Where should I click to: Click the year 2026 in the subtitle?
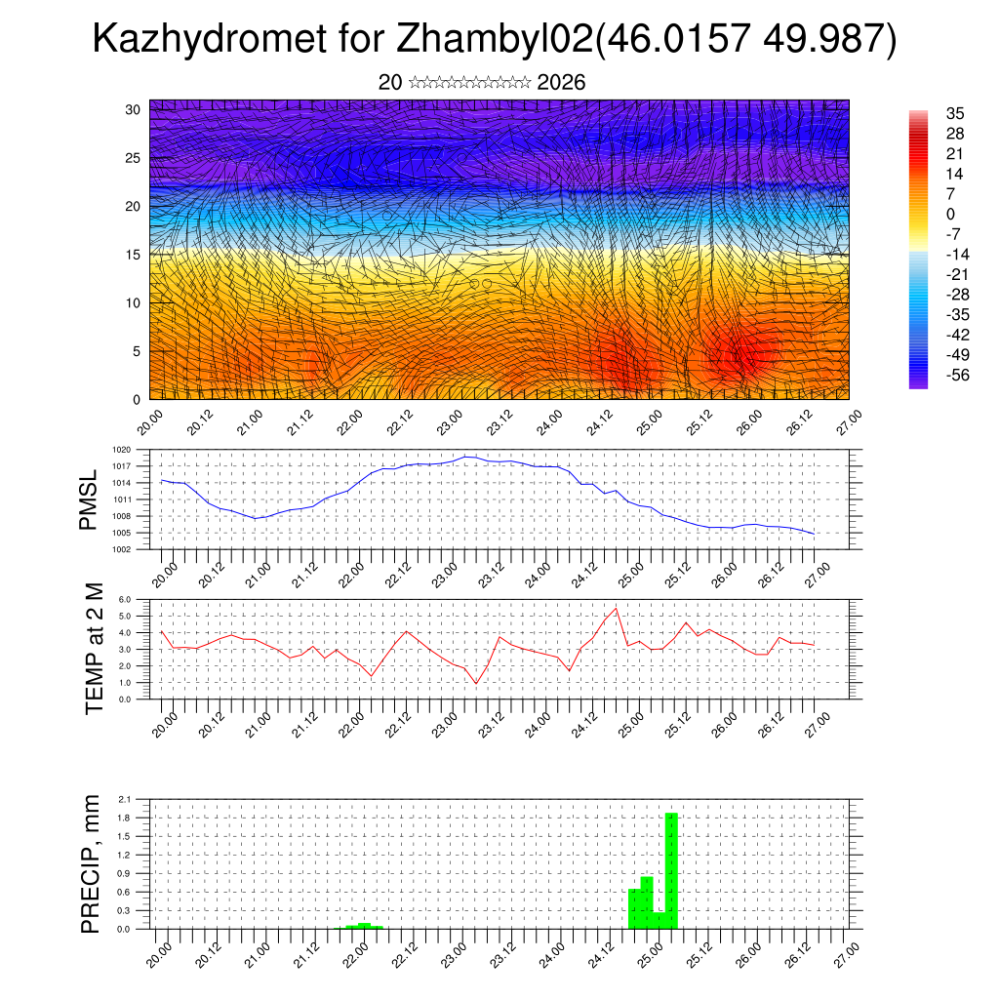[561, 83]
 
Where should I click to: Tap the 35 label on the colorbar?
[955, 113]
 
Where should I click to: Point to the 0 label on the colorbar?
[951, 214]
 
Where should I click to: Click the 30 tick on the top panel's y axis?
[134, 109]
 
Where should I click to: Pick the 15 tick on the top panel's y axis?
[134, 255]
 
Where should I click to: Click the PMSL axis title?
[89, 499]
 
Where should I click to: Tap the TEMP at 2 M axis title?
[94, 649]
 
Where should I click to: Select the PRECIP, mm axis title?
[91, 863]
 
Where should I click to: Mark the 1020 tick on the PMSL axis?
[122, 450]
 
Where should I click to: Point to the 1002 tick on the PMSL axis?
[122, 549]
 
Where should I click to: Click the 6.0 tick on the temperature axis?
[125, 600]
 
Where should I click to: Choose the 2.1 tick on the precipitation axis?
[125, 799]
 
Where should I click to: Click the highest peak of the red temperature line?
[617, 608]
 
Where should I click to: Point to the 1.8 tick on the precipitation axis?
[125, 818]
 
